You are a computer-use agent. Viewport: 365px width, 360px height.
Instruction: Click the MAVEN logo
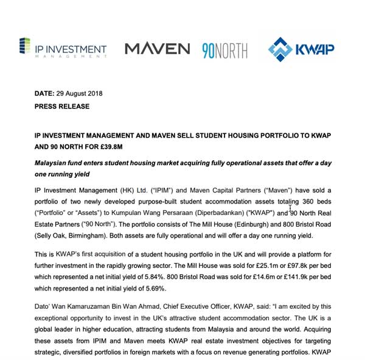click(x=158, y=48)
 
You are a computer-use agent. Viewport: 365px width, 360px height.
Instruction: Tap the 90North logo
click(x=225, y=49)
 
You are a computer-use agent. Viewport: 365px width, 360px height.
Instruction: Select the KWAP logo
click(x=302, y=49)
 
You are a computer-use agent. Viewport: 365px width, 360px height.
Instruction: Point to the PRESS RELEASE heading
click(x=61, y=106)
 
